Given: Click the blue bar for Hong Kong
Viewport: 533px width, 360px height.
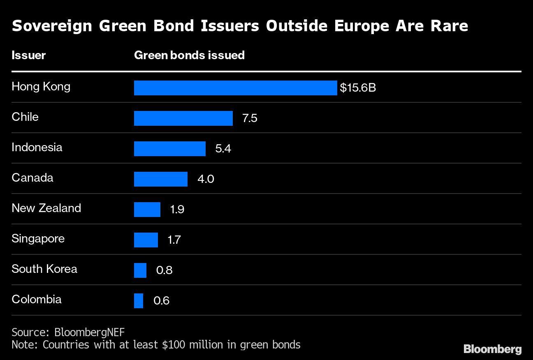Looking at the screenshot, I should pyautogui.click(x=235, y=88).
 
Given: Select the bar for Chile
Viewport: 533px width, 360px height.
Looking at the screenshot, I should pyautogui.click(x=183, y=118).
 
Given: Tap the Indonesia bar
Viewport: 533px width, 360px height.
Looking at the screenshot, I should pyautogui.click(x=169, y=149).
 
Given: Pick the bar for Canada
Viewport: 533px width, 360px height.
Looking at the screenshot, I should pyautogui.click(x=160, y=179).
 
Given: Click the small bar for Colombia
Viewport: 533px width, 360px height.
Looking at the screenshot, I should pyautogui.click(x=139, y=301).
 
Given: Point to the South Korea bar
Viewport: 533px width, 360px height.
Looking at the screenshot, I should pyautogui.click(x=140, y=270).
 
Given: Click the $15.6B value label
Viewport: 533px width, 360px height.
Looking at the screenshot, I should pyautogui.click(x=357, y=88).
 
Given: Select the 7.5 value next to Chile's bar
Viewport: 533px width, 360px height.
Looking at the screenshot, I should pyautogui.click(x=250, y=118).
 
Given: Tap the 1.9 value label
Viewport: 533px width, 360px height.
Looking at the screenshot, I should pyautogui.click(x=177, y=210).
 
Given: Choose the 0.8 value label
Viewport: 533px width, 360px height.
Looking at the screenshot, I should pyautogui.click(x=164, y=270).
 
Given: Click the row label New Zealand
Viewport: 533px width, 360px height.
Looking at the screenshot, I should pyautogui.click(x=46, y=208).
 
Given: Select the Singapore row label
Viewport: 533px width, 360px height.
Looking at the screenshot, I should pyautogui.click(x=38, y=239).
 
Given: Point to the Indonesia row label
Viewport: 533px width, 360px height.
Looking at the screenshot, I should pyautogui.click(x=37, y=147).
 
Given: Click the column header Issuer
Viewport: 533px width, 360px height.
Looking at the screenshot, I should pyautogui.click(x=28, y=55).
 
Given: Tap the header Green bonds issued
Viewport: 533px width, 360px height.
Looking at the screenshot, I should pyautogui.click(x=189, y=55).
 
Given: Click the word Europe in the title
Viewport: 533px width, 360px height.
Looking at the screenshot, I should pyautogui.click(x=362, y=26).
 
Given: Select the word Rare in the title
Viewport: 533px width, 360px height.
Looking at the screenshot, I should pyautogui.click(x=449, y=26).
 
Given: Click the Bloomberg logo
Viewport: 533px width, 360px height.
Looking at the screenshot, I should pyautogui.click(x=492, y=349).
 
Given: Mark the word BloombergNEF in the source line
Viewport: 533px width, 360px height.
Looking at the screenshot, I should pyautogui.click(x=89, y=332).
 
